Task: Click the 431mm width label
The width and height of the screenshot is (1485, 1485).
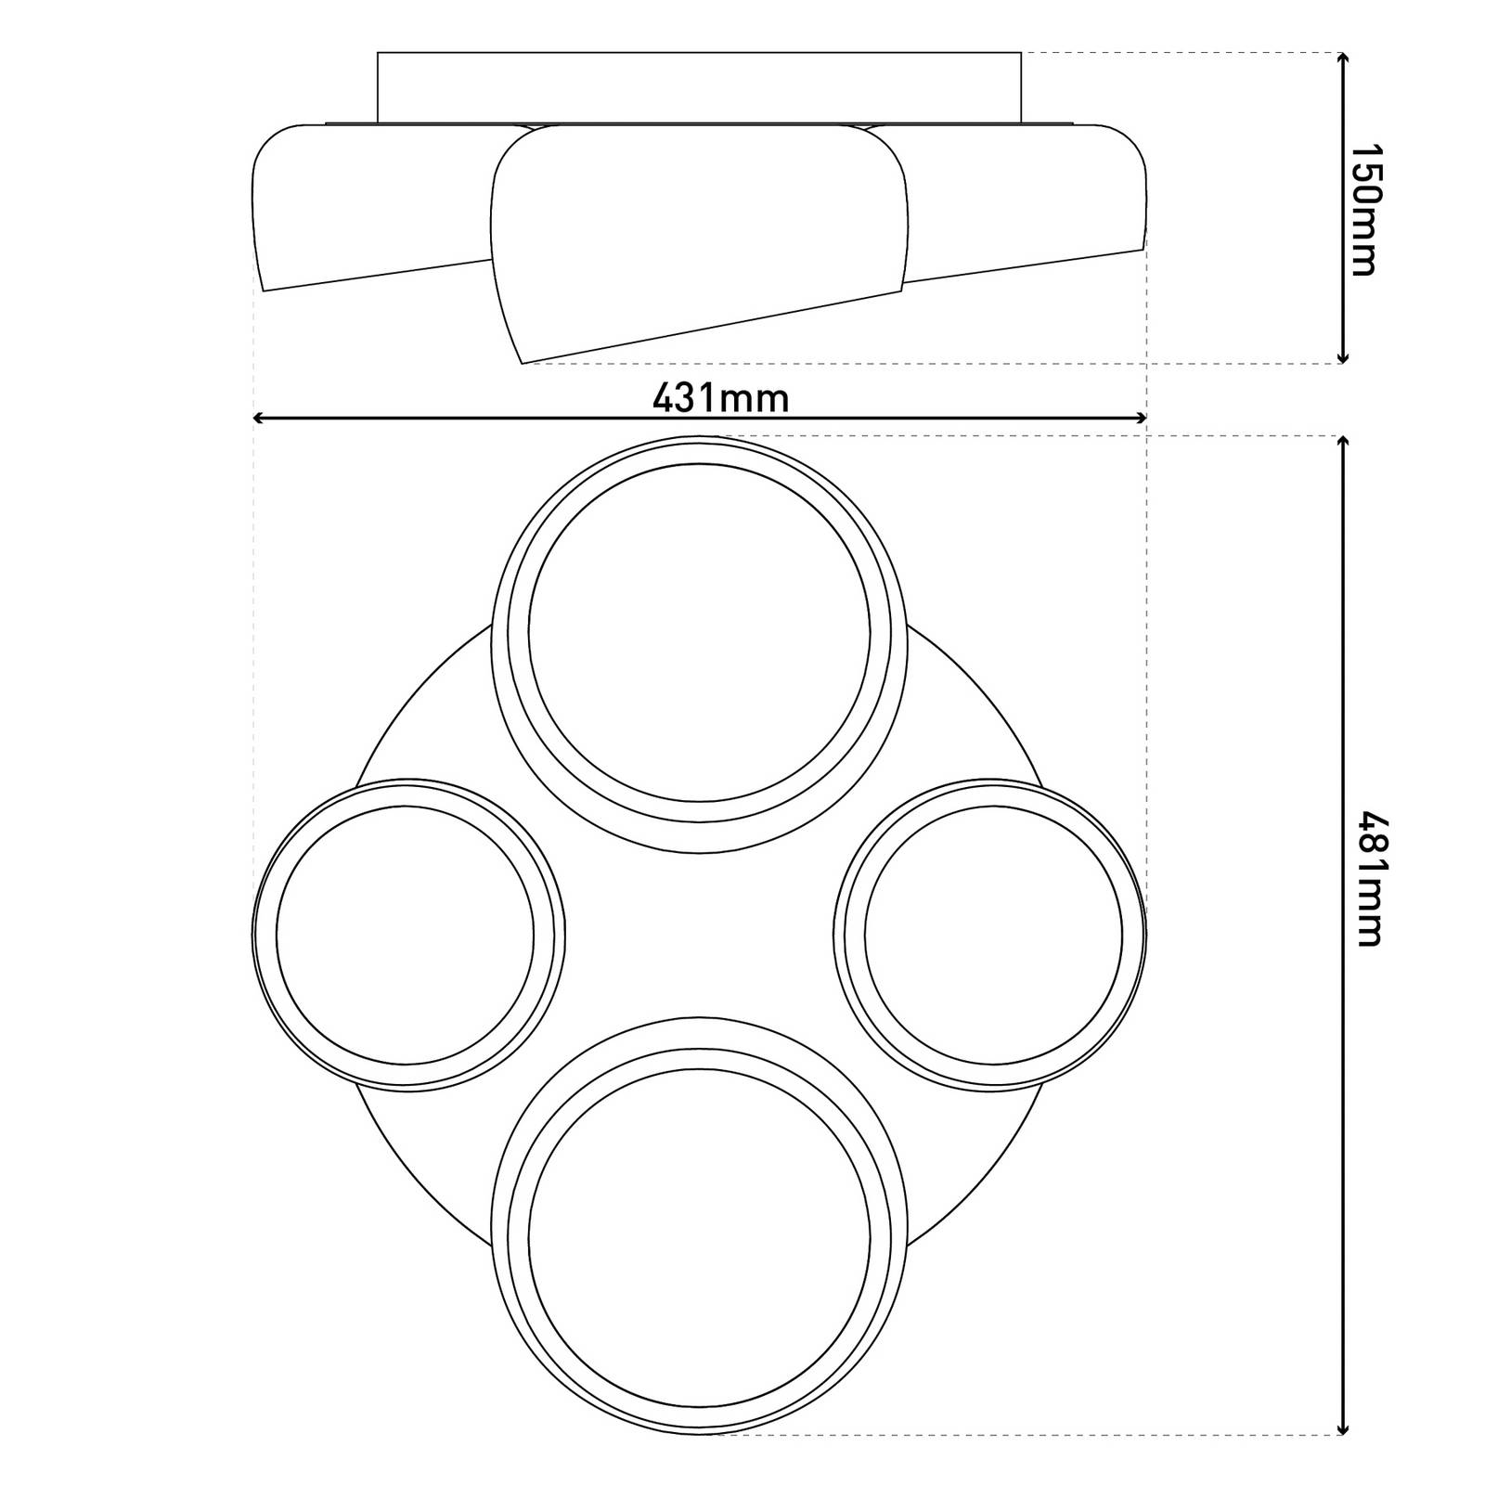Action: pyautogui.click(x=720, y=398)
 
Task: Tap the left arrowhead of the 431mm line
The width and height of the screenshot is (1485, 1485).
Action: pyautogui.click(x=259, y=419)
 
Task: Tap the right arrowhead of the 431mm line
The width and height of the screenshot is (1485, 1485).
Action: pyautogui.click(x=1143, y=419)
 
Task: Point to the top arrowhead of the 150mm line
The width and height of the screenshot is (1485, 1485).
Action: pyautogui.click(x=1342, y=58)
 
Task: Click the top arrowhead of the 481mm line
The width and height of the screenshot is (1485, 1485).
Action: pyautogui.click(x=1342, y=441)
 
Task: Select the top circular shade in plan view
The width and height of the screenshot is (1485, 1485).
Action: pyautogui.click(x=699, y=631)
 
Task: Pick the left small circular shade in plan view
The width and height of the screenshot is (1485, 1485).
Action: pyautogui.click(x=406, y=935)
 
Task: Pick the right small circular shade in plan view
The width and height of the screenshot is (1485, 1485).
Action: pyautogui.click(x=991, y=935)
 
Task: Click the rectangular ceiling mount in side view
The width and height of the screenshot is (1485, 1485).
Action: pyautogui.click(x=699, y=87)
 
